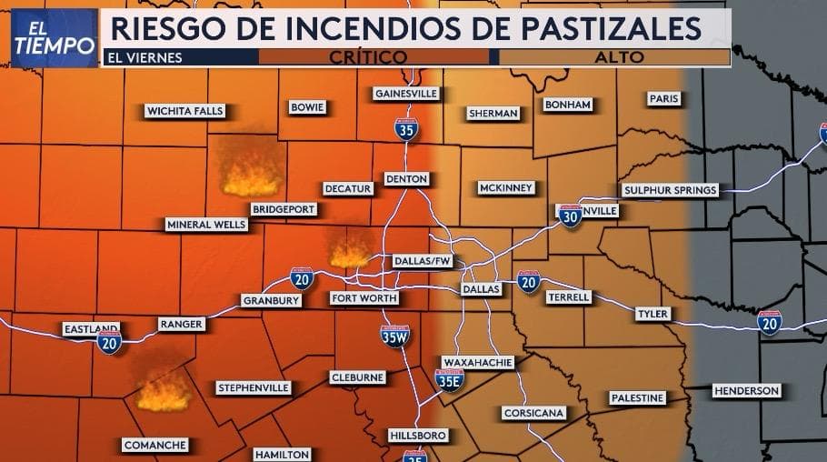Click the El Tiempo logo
point(54,37)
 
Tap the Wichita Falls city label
point(184,111)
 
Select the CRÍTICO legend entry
point(373,57)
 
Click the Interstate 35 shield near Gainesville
point(406,128)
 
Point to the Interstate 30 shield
point(570,216)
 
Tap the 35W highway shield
point(394,336)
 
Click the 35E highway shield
point(449,380)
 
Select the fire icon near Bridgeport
point(251,174)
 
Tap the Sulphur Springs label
point(671,190)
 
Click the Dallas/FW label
point(423,261)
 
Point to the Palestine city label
point(637,398)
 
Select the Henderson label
point(746,390)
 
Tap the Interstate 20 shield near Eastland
point(109,342)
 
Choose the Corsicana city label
point(534,413)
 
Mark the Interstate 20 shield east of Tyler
point(769,322)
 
